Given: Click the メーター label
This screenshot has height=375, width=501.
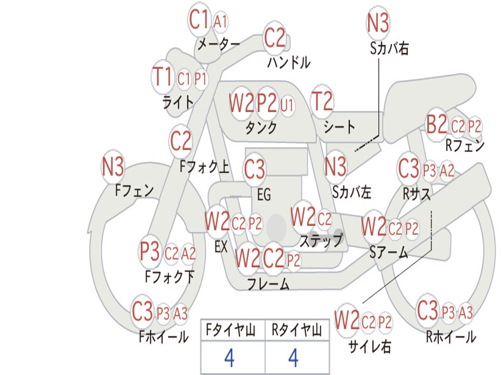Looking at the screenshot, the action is tap(219, 44).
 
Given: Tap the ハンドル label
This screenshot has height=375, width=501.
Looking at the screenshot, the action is tap(289, 62).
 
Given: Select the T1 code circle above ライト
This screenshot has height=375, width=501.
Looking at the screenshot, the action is tap(163, 77).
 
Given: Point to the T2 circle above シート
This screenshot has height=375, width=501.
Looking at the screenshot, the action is tap(322, 101).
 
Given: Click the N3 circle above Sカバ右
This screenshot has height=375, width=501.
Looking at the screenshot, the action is tap(378, 22).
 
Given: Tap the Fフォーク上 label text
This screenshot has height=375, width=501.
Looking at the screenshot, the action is tap(204, 167).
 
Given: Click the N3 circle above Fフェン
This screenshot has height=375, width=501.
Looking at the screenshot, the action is tap(113, 167).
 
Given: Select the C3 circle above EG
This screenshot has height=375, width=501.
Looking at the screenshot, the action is tap(254, 169).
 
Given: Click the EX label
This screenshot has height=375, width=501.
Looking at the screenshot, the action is tap(221, 247).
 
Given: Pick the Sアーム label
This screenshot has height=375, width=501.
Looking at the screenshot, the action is tap(389, 252).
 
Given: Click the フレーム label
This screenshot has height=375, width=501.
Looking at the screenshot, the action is tap(269, 284).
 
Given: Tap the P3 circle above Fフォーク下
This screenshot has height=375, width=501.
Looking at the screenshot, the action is tap(150, 251).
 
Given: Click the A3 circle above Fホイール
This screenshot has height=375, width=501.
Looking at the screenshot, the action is tap(180, 313).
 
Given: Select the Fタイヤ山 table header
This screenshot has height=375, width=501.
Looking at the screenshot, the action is tap(231, 330).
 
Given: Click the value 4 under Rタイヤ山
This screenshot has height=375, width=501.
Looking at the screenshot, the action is tap(294, 358).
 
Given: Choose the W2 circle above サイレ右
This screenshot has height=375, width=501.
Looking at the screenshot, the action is tap(347, 320).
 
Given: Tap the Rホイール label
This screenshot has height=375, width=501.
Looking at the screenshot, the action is tap(451, 337).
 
